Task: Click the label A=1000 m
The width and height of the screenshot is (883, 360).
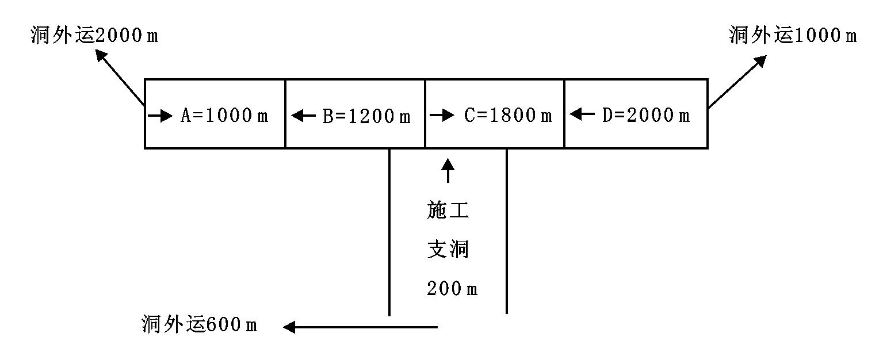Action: click(x=224, y=116)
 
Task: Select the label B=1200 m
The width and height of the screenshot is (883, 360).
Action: click(x=366, y=116)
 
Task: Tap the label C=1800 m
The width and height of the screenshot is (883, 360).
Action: click(x=508, y=116)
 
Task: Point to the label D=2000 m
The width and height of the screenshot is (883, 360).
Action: click(x=646, y=116)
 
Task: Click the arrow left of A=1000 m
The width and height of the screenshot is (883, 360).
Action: click(x=160, y=116)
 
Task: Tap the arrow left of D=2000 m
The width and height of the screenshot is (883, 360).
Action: click(x=583, y=115)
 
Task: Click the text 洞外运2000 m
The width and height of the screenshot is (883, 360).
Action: click(x=94, y=36)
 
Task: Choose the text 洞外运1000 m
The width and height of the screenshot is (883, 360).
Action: click(x=792, y=36)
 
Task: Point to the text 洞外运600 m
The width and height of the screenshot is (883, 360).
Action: click(x=199, y=325)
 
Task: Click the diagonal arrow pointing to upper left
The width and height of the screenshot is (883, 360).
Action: click(x=120, y=78)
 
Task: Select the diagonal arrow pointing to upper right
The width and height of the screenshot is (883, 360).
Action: click(x=737, y=81)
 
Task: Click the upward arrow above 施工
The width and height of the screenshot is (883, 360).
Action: click(x=448, y=171)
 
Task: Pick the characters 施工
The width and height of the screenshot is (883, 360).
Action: click(x=448, y=211)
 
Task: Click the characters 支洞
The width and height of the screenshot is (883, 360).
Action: click(x=448, y=250)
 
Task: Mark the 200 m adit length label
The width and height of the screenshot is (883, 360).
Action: click(x=452, y=289)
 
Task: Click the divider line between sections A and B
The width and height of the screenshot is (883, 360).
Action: click(x=285, y=114)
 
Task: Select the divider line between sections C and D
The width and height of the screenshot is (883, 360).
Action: click(x=564, y=114)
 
